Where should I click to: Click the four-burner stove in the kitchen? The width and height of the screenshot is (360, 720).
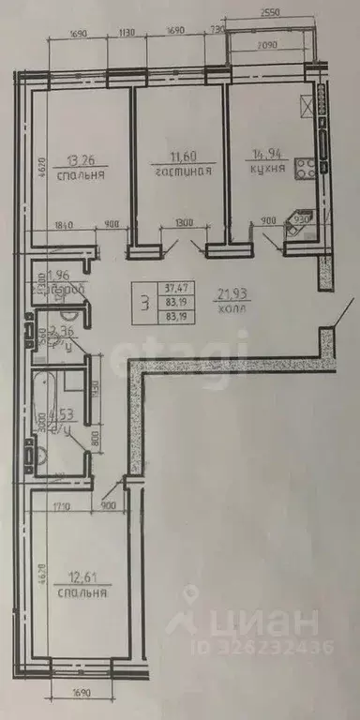coord(307,170)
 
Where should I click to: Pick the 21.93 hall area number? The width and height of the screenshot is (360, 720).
coord(231,296)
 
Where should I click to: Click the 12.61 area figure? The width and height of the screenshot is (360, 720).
coord(80,578)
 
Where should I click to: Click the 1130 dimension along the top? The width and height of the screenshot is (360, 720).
coord(128,34)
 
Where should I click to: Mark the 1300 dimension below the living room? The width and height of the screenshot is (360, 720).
coord(184,224)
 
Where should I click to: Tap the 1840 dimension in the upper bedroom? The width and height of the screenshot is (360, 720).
coord(66,224)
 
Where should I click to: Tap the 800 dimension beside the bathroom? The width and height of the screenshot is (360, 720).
coord(96,435)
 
